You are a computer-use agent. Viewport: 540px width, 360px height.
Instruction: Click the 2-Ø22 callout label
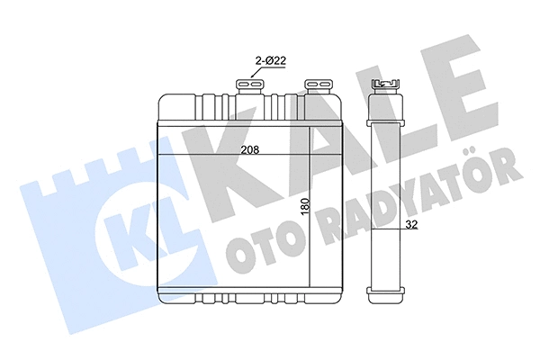(269, 60)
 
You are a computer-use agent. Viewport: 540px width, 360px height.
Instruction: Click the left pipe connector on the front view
(248, 85)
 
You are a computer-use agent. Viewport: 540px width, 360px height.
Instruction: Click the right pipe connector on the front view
(318, 85)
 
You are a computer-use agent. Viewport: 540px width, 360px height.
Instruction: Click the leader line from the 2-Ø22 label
(256, 73)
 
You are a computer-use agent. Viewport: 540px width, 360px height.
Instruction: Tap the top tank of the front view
(243, 108)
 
